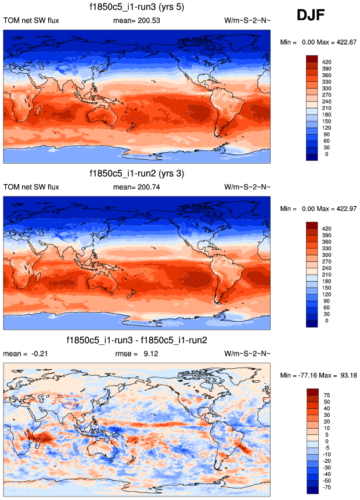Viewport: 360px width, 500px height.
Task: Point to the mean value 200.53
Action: [147, 21]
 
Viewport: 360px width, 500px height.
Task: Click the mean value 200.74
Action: [147, 187]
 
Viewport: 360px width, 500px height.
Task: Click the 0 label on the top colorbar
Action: [327, 154]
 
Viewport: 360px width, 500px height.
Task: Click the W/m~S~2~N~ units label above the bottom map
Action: [247, 353]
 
